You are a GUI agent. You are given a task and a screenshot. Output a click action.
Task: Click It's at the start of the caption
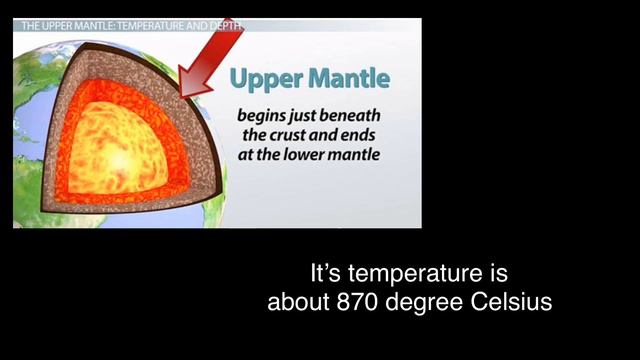pos(325,272)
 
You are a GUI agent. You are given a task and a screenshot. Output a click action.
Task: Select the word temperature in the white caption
pos(419,273)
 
